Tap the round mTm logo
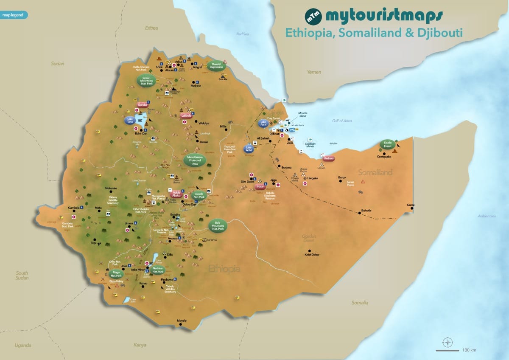coord(314,16)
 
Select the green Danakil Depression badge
coord(216,65)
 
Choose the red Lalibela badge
coord(187,115)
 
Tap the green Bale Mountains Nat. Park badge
coord(218,226)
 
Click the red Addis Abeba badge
coord(176,194)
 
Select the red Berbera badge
coord(329,159)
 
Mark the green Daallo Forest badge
coord(388,144)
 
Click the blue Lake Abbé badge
coord(249,149)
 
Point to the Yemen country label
coord(314,72)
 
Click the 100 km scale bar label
coord(469,350)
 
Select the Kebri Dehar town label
coord(312,255)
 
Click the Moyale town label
coord(182,321)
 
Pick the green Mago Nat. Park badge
coord(115,273)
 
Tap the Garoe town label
coord(411,205)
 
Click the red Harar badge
coord(260,186)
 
